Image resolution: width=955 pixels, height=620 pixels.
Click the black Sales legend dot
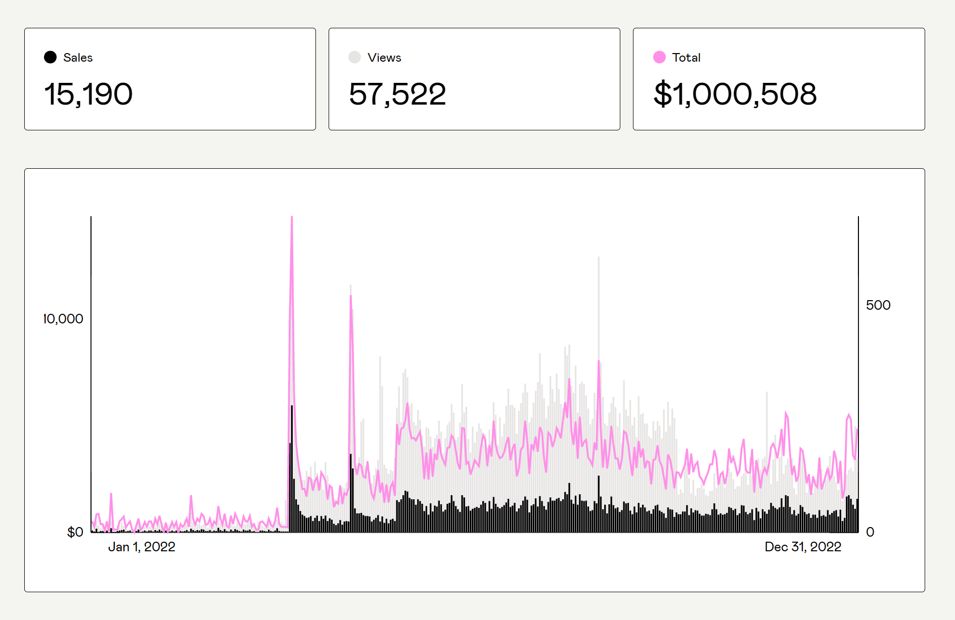point(50,57)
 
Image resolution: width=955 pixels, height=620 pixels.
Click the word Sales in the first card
point(78,58)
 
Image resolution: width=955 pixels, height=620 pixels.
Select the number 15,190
point(88,94)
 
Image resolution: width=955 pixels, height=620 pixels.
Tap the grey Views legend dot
point(354,57)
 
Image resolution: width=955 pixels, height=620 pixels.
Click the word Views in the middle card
point(384,58)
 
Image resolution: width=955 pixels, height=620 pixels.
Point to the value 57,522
point(397,94)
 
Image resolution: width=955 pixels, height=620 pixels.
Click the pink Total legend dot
point(659,57)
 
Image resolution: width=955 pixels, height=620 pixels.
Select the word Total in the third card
point(686,58)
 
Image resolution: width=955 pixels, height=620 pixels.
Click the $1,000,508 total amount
point(735,94)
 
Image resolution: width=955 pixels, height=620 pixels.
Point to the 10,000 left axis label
point(63,319)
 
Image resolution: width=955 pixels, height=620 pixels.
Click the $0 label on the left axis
point(75,532)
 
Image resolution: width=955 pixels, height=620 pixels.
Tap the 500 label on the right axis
point(878,305)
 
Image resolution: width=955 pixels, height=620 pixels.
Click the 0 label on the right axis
point(870,532)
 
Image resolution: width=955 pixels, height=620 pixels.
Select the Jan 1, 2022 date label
point(142,547)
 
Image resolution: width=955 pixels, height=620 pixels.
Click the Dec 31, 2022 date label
point(803,547)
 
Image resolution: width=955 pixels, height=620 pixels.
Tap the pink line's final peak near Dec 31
point(849,415)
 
